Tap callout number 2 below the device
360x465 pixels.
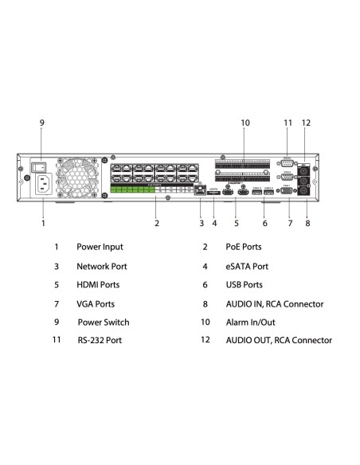(x=157, y=224)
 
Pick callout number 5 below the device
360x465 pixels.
(x=237, y=224)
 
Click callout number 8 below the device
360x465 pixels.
(x=307, y=224)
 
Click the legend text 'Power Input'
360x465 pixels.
(x=100, y=247)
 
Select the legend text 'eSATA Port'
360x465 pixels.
(x=246, y=266)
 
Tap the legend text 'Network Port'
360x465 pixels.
(x=102, y=266)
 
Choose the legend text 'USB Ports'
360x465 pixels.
(x=244, y=284)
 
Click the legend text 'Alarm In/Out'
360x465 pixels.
(x=251, y=322)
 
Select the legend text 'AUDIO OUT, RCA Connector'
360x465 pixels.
(x=278, y=341)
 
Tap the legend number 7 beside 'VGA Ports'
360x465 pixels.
(x=56, y=303)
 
